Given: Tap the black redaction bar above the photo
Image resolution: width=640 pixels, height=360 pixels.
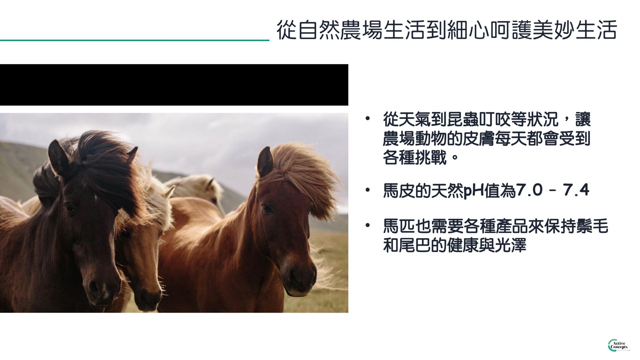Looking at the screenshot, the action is (x=174, y=85).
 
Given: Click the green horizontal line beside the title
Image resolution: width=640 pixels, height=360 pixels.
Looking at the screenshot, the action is (x=135, y=40).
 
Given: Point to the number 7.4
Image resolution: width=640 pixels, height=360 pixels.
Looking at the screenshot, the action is (x=576, y=191).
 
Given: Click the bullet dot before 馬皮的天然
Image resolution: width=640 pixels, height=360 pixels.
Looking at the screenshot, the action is (x=367, y=190).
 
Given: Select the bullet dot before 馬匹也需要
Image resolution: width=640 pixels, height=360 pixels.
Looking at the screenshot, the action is (x=367, y=226).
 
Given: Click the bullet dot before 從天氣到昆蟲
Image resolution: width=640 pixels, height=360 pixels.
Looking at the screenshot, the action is (x=367, y=118).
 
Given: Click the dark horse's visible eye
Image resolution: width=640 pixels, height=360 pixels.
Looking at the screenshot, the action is (x=69, y=209).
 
